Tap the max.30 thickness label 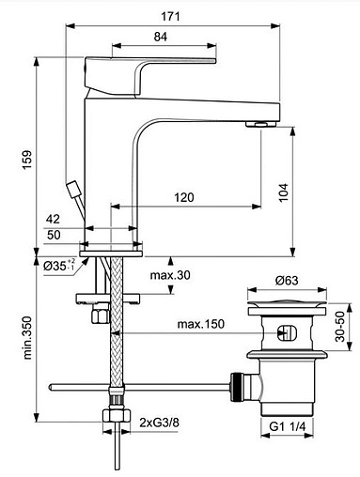point(171,274)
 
